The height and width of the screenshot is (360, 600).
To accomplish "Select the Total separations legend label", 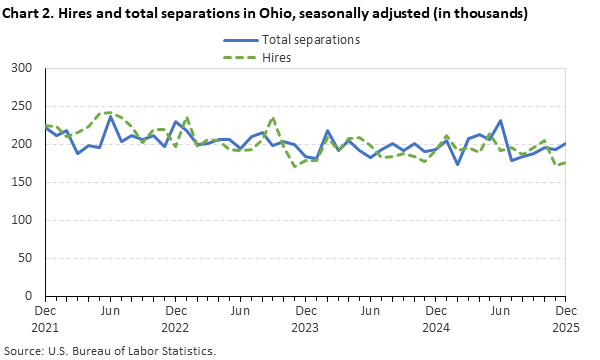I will [311, 40].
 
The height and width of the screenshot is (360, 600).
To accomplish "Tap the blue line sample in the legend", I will [239, 40].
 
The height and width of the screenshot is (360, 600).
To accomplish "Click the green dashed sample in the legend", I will [239, 58].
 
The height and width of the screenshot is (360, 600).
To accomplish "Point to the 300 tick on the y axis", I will [24, 68].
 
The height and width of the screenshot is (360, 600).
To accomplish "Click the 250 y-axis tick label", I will [24, 106].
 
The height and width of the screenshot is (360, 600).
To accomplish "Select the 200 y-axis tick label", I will [24, 144].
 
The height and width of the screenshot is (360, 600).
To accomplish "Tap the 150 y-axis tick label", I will [24, 182].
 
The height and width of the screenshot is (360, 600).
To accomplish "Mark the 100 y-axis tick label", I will [24, 220].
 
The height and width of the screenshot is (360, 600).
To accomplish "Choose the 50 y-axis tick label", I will [27, 258].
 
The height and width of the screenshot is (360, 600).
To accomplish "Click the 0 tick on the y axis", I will [31, 296].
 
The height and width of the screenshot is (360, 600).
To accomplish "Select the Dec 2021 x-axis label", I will [46, 319].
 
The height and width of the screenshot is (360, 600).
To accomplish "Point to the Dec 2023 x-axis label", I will [305, 319].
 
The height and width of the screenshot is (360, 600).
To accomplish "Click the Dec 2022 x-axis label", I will [176, 319].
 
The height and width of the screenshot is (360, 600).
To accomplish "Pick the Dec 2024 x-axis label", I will [435, 319].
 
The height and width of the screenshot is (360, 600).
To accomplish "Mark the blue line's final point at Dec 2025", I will [565, 144].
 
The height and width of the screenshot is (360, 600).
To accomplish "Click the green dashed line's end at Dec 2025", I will [565, 162].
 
